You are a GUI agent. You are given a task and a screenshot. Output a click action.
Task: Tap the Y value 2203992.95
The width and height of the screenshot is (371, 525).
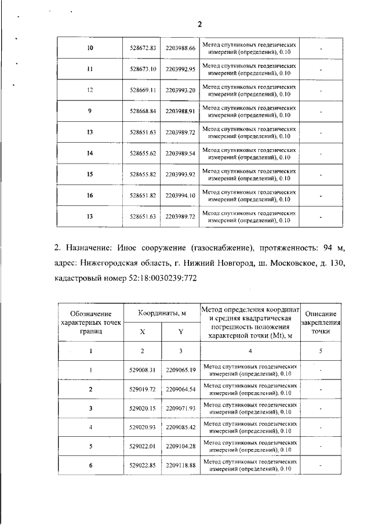pos(180,69)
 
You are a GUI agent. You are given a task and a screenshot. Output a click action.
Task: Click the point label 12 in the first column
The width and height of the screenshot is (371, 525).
pos(90,90)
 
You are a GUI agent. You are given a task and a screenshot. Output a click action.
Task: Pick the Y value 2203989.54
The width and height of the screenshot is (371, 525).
pos(180,154)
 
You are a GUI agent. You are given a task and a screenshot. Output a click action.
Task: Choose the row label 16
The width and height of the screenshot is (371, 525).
pos(90,196)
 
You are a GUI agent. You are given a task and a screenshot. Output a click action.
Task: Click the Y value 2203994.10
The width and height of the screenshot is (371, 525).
pos(180,196)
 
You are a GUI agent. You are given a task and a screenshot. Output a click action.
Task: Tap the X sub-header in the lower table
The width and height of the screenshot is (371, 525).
pos(143,332)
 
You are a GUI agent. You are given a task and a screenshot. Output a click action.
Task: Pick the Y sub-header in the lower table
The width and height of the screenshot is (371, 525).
pos(180,332)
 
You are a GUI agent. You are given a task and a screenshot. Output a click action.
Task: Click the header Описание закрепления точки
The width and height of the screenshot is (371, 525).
pos(320,322)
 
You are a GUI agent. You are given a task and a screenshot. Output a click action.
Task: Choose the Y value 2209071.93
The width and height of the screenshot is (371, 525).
pos(180,408)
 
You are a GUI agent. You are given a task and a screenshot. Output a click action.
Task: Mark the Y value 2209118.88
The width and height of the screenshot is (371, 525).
pos(180,465)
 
